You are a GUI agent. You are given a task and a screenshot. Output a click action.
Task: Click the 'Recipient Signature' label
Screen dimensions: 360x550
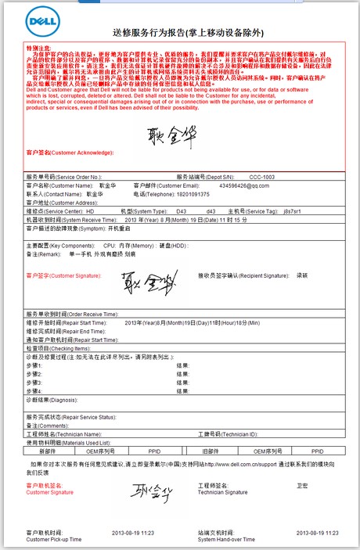coord(227,276)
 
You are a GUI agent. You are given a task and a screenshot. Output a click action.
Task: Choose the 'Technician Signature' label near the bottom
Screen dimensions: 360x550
coord(220,493)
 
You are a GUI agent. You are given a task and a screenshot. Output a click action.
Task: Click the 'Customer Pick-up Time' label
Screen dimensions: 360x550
coord(52,540)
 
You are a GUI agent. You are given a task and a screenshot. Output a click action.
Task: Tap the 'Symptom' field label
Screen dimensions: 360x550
coord(74,228)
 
